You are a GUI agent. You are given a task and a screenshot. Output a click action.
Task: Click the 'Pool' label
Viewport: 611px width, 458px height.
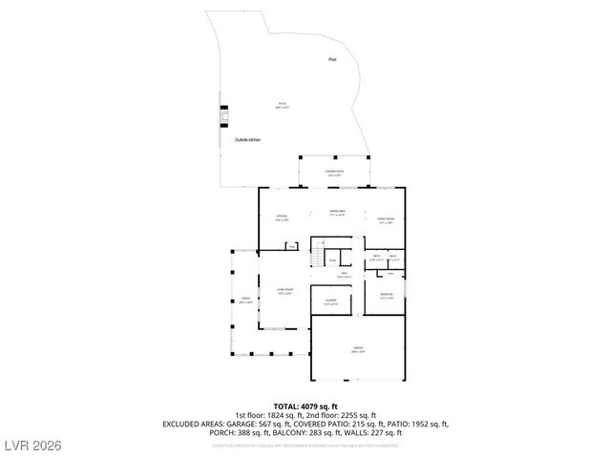pos(332,59)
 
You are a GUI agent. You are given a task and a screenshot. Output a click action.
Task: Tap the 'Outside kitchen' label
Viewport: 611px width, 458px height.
pos(247,140)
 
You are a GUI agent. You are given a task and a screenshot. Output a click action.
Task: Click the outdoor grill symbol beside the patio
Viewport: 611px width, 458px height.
pos(225,114)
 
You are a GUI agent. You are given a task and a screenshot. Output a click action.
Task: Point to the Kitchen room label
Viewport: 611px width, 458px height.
pos(282,219)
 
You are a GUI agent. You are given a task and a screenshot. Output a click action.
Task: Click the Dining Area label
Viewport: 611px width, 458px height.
pos(337,213)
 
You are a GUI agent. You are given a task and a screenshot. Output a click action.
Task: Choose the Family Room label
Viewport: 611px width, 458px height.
pos(385,220)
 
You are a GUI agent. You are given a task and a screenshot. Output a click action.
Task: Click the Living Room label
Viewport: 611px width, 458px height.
pos(284,291)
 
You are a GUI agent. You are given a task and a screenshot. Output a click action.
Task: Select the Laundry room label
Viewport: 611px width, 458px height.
pos(330,302)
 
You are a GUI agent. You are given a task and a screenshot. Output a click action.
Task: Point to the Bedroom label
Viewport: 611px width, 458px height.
pos(386,295)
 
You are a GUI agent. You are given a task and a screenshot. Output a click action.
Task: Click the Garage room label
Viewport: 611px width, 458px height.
pos(358,349)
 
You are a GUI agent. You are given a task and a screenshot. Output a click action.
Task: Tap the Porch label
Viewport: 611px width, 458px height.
pos(245,300)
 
